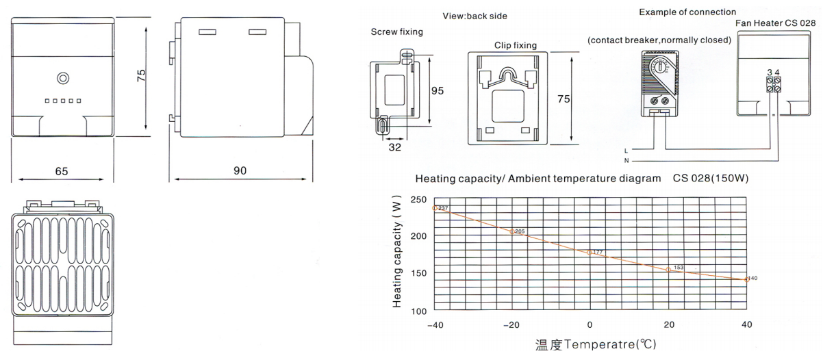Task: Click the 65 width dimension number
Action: point(62,171)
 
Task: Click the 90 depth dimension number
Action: point(240,170)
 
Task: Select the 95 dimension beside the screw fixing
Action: point(438,91)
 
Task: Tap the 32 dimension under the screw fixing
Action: point(394,147)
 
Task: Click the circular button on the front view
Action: point(63,78)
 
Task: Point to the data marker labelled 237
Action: point(435,208)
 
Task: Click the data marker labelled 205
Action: point(512,231)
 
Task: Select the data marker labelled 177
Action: point(590,253)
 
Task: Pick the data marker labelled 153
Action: point(668,270)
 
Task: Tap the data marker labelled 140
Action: point(746,279)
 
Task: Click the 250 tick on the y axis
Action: point(418,200)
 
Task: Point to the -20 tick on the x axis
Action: point(511,324)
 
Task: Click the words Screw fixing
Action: point(397,32)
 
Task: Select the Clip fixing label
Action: point(516,45)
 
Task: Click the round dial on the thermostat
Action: point(660,67)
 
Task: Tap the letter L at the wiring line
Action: point(626,151)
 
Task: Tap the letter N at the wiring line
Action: point(626,161)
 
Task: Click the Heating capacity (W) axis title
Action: point(397,252)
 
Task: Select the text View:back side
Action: point(474,16)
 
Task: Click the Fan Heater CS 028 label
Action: point(775,23)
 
